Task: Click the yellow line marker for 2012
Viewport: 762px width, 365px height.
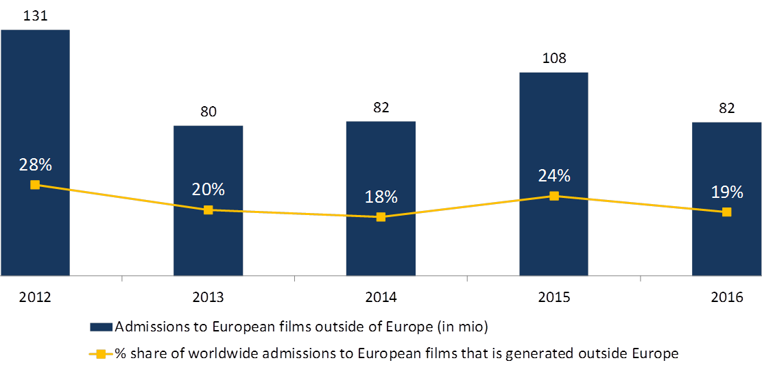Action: (35, 185)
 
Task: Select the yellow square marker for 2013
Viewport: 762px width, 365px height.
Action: (208, 210)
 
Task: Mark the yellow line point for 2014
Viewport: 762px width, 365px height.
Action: (381, 217)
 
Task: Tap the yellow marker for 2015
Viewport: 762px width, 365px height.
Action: (554, 196)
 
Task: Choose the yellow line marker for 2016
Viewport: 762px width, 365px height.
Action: (727, 212)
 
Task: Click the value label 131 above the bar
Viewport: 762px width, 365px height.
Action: (35, 14)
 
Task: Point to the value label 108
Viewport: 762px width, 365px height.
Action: (553, 58)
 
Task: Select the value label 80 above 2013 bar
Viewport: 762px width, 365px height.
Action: (208, 111)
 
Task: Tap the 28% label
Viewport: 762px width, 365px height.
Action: (35, 165)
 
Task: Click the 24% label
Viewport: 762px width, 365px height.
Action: (553, 176)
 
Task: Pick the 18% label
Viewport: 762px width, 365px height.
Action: (381, 197)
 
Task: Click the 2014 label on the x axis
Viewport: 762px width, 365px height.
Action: (381, 297)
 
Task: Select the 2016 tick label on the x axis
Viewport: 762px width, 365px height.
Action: (726, 297)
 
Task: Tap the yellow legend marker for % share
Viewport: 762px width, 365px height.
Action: (101, 354)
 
